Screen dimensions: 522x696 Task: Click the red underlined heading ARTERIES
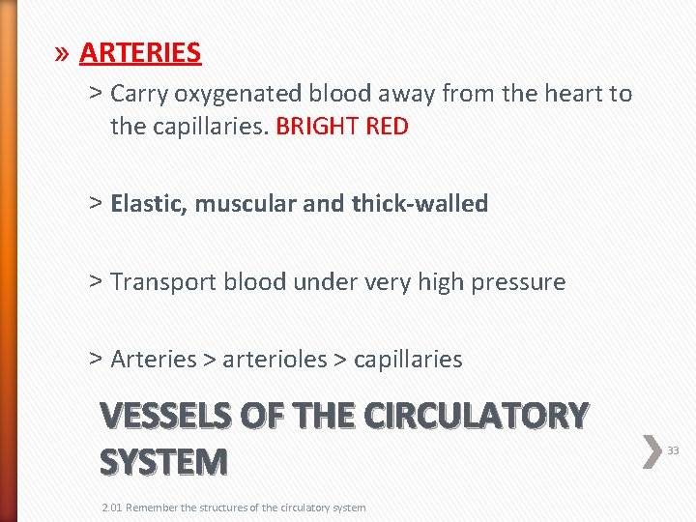140,52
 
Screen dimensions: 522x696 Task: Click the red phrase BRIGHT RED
342,127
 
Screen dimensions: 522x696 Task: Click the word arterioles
275,360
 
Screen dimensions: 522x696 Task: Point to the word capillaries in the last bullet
408,360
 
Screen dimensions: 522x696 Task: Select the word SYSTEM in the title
163,462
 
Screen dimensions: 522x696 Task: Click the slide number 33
674,450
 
